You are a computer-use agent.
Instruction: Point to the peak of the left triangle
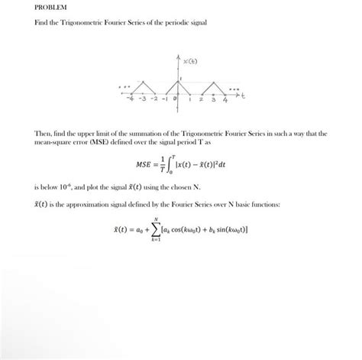pyautogui.click(x=141, y=80)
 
